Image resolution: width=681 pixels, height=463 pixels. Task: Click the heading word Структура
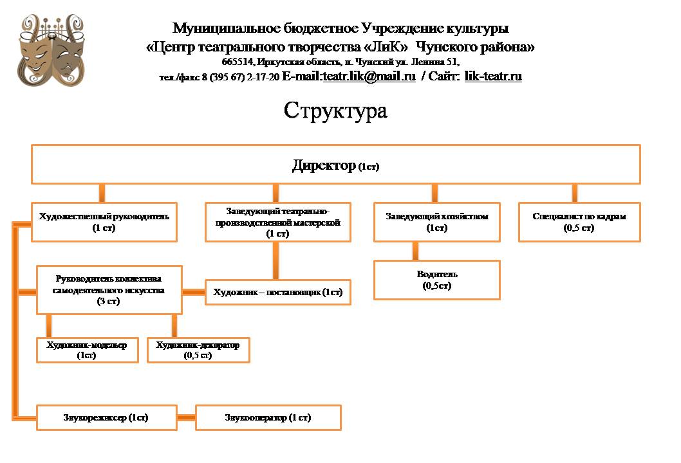(335, 110)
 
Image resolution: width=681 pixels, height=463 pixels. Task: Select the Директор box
(336, 165)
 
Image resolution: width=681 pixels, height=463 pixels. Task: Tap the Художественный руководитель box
(104, 222)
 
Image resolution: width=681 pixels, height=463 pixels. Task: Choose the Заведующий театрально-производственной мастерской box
(278, 222)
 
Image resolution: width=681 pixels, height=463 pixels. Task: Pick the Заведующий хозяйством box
(437, 222)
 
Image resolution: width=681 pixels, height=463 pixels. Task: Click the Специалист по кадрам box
(579, 222)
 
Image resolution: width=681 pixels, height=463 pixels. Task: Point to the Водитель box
(437, 280)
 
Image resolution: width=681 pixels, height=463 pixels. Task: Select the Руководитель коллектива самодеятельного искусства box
(109, 289)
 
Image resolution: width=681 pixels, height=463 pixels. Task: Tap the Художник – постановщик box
(278, 293)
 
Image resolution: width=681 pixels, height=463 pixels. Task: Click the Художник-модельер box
(87, 350)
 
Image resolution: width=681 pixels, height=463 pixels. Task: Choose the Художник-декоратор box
(198, 350)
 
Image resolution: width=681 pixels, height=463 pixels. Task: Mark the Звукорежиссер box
(107, 417)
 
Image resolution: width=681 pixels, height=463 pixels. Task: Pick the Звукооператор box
(268, 417)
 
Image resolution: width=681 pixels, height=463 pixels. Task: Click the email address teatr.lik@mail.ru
(369, 77)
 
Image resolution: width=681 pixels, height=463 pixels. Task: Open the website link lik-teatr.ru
(493, 77)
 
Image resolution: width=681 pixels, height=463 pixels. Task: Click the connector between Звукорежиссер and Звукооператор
(186, 417)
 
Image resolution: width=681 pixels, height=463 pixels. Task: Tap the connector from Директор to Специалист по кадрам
(574, 193)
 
